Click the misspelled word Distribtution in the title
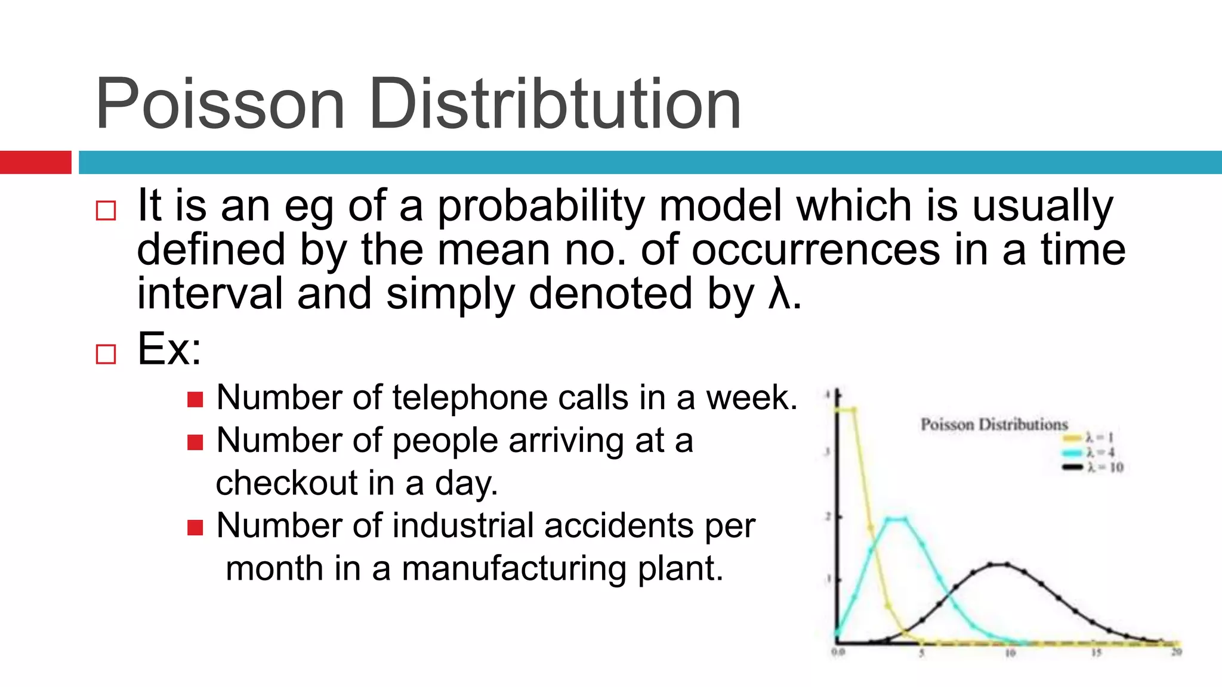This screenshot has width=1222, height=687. [555, 104]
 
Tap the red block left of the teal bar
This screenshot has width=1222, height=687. [35, 162]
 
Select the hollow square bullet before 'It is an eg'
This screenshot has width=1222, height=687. [106, 211]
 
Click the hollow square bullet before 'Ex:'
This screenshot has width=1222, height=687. [106, 354]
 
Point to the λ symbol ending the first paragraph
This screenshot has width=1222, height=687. [779, 295]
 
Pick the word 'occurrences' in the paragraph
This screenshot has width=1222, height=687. [816, 250]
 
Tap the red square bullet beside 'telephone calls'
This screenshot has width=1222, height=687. [195, 399]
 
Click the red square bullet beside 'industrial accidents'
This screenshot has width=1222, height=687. [195, 527]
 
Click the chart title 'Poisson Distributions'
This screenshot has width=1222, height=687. [993, 425]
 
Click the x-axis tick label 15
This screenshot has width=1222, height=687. [1096, 654]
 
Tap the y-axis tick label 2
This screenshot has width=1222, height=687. [828, 516]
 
